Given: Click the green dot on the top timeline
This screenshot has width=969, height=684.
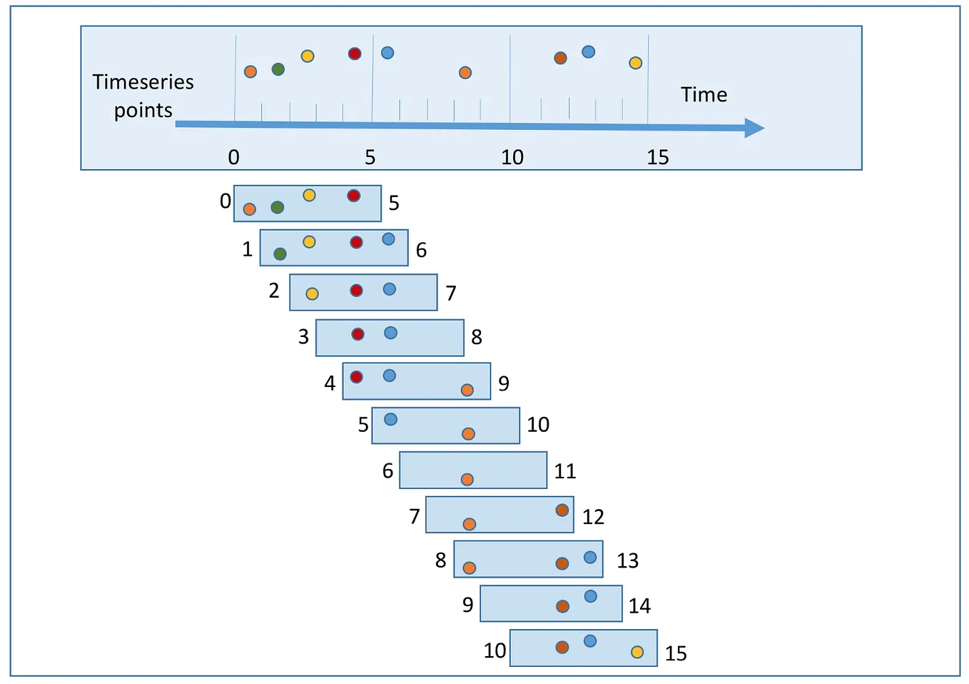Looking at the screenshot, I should click(x=278, y=69).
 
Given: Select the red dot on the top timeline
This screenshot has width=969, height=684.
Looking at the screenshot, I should click(x=355, y=54).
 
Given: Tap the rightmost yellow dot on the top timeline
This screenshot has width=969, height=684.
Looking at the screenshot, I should click(x=635, y=63).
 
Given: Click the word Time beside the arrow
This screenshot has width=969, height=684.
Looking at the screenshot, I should click(x=704, y=95).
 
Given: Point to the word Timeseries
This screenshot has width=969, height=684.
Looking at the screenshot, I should click(x=143, y=82).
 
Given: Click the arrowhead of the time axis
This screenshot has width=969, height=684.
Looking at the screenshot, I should click(x=754, y=129).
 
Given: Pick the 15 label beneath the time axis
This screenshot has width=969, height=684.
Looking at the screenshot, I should click(x=658, y=157).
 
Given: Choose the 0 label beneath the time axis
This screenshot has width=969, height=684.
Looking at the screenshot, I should click(x=233, y=157).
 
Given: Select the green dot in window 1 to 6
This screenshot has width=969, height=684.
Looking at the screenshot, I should click(x=280, y=254).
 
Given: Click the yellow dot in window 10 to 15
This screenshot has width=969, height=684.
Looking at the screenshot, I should click(x=637, y=652).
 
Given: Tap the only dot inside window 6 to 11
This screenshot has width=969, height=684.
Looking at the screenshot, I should click(x=467, y=480).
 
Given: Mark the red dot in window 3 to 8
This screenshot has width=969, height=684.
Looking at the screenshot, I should click(x=358, y=334).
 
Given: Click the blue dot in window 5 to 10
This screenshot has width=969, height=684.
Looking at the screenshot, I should click(x=390, y=419).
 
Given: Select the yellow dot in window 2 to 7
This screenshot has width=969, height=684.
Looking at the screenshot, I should click(x=312, y=293).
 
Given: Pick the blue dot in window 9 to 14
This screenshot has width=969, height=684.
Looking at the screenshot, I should click(x=591, y=596).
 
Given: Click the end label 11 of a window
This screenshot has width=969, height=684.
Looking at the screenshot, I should click(x=565, y=471).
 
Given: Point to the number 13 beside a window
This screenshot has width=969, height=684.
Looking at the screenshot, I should click(x=628, y=560).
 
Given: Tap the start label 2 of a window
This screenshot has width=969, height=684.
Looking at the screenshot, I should click(x=274, y=291).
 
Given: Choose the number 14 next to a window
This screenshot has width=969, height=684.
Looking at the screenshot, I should click(x=639, y=606).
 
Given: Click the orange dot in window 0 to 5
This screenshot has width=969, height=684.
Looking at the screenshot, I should click(x=249, y=209).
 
